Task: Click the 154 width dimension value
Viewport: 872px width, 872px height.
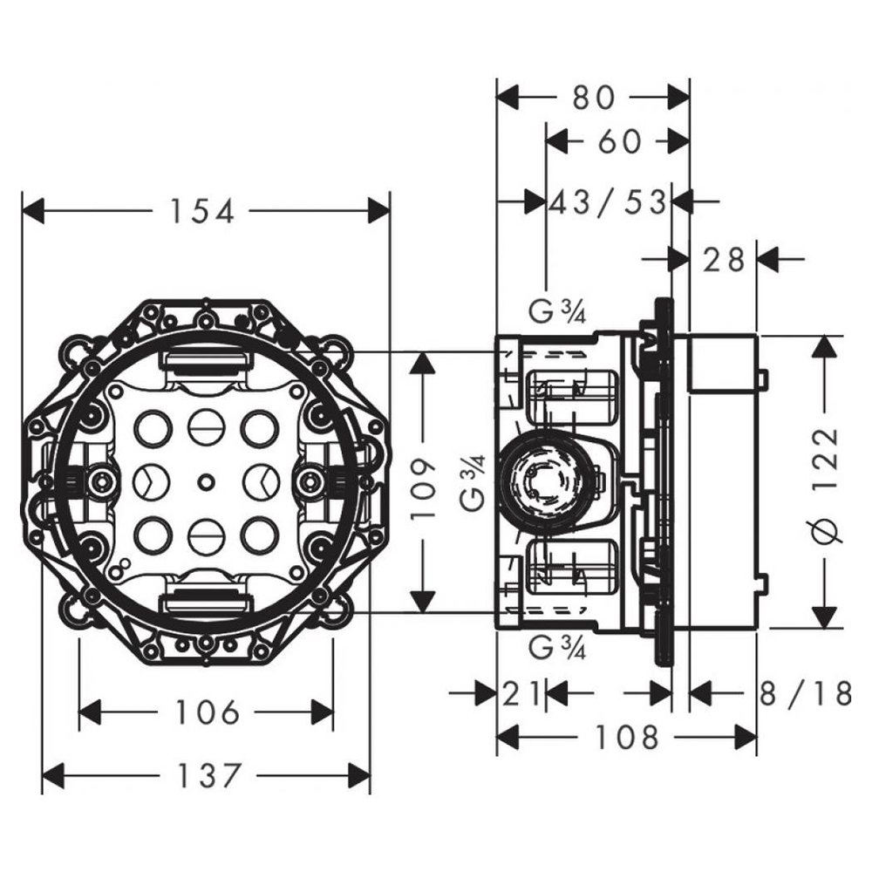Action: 202,211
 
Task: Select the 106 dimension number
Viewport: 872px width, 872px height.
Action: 207,712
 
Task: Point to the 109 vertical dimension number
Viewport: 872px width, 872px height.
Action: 422,489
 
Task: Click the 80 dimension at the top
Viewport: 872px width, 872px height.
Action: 594,97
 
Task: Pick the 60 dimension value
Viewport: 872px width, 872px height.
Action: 619,141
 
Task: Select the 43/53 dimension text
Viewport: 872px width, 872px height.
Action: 609,202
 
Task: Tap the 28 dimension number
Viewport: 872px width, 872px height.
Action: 724,258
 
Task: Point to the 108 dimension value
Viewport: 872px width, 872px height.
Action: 628,739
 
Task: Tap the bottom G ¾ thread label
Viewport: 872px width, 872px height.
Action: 557,647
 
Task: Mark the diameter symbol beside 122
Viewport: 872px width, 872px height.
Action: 828,528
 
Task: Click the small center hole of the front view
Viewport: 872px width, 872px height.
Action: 206,481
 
